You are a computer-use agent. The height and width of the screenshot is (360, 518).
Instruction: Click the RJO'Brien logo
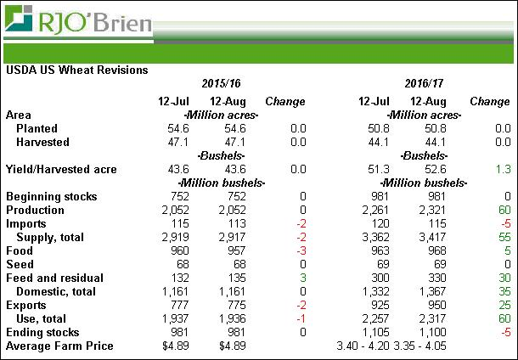click(78, 20)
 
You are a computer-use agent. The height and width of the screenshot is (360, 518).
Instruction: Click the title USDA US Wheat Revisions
click(77, 70)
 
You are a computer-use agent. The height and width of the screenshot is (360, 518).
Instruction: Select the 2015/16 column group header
click(221, 84)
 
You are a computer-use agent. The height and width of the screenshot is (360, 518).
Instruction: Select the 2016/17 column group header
click(424, 84)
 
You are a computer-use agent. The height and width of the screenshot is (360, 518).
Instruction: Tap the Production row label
click(35, 211)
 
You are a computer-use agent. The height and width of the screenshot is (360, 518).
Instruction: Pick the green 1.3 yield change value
click(501, 170)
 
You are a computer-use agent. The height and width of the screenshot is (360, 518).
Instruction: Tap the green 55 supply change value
click(503, 238)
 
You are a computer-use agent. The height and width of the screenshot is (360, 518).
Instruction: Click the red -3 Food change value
click(298, 251)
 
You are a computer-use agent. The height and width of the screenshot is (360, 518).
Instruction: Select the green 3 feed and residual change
click(301, 278)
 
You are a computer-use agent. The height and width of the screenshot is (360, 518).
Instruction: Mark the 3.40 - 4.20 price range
click(367, 346)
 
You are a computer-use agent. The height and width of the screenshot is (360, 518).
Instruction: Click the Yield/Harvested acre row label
click(61, 170)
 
